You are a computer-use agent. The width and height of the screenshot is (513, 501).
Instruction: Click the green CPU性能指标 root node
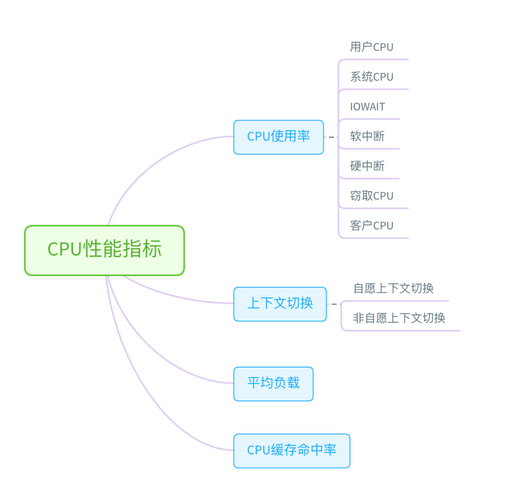pyautogui.click(x=104, y=250)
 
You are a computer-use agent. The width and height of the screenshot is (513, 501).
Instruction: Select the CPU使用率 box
pyautogui.click(x=278, y=137)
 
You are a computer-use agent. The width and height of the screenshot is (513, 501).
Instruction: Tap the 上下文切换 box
pyautogui.click(x=280, y=304)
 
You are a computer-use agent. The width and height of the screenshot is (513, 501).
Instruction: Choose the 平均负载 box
pyautogui.click(x=273, y=383)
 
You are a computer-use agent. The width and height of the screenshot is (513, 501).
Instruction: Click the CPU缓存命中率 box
pyautogui.click(x=291, y=450)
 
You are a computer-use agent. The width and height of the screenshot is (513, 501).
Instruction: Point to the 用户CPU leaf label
pyautogui.click(x=371, y=47)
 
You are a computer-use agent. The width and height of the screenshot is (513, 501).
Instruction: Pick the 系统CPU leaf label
pyautogui.click(x=371, y=77)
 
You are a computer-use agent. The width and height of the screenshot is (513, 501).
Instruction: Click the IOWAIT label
pyautogui.click(x=367, y=107)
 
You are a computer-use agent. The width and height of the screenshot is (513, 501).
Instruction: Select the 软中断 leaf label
pyautogui.click(x=367, y=137)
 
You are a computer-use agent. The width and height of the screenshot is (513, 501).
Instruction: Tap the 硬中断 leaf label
pyautogui.click(x=367, y=166)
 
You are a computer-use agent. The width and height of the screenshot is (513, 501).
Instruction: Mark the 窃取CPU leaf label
pyautogui.click(x=371, y=196)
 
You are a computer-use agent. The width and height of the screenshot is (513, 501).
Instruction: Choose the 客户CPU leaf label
pyautogui.click(x=371, y=226)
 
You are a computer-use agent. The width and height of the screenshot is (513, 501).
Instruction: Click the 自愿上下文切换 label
pyautogui.click(x=393, y=288)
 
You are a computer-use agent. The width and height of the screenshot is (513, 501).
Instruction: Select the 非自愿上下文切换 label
pyautogui.click(x=399, y=318)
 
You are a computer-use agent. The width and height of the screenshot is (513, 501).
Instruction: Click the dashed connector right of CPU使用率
pyautogui.click(x=331, y=137)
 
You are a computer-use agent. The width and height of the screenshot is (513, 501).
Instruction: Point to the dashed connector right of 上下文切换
pyautogui.click(x=334, y=304)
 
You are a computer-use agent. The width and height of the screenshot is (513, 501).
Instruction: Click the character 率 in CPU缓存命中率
pyautogui.click(x=330, y=450)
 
